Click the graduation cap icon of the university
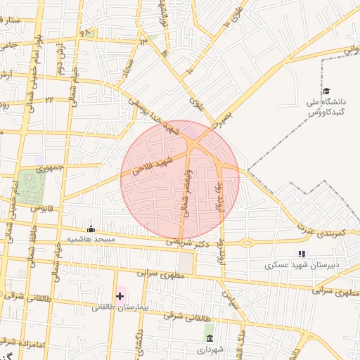tap(326, 91)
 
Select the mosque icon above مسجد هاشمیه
tap(91, 229)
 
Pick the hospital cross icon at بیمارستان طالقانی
tap(120, 296)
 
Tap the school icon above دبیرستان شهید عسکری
tap(302, 254)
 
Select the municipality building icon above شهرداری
tap(210, 338)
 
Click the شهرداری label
tap(210, 349)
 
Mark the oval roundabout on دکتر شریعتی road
tap(247, 243)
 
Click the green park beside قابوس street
tap(30, 186)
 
